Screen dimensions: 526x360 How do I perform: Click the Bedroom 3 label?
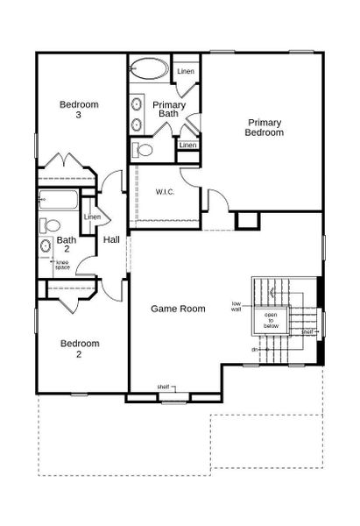click(79, 110)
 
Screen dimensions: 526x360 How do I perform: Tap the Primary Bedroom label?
click(265, 127)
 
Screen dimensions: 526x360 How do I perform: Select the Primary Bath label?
click(169, 109)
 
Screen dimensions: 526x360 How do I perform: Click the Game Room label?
click(178, 309)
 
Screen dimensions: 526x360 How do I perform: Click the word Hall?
click(112, 239)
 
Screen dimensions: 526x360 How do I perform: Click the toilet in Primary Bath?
click(144, 150)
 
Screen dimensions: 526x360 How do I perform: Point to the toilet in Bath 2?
click(52, 225)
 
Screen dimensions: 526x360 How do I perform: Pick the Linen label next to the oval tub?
click(186, 71)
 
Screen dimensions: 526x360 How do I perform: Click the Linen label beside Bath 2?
click(92, 217)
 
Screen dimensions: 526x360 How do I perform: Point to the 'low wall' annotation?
click(236, 307)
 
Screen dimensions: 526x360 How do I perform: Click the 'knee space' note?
click(62, 264)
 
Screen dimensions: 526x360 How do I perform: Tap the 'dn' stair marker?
click(256, 350)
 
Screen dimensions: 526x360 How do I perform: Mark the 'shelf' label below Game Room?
click(163, 387)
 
